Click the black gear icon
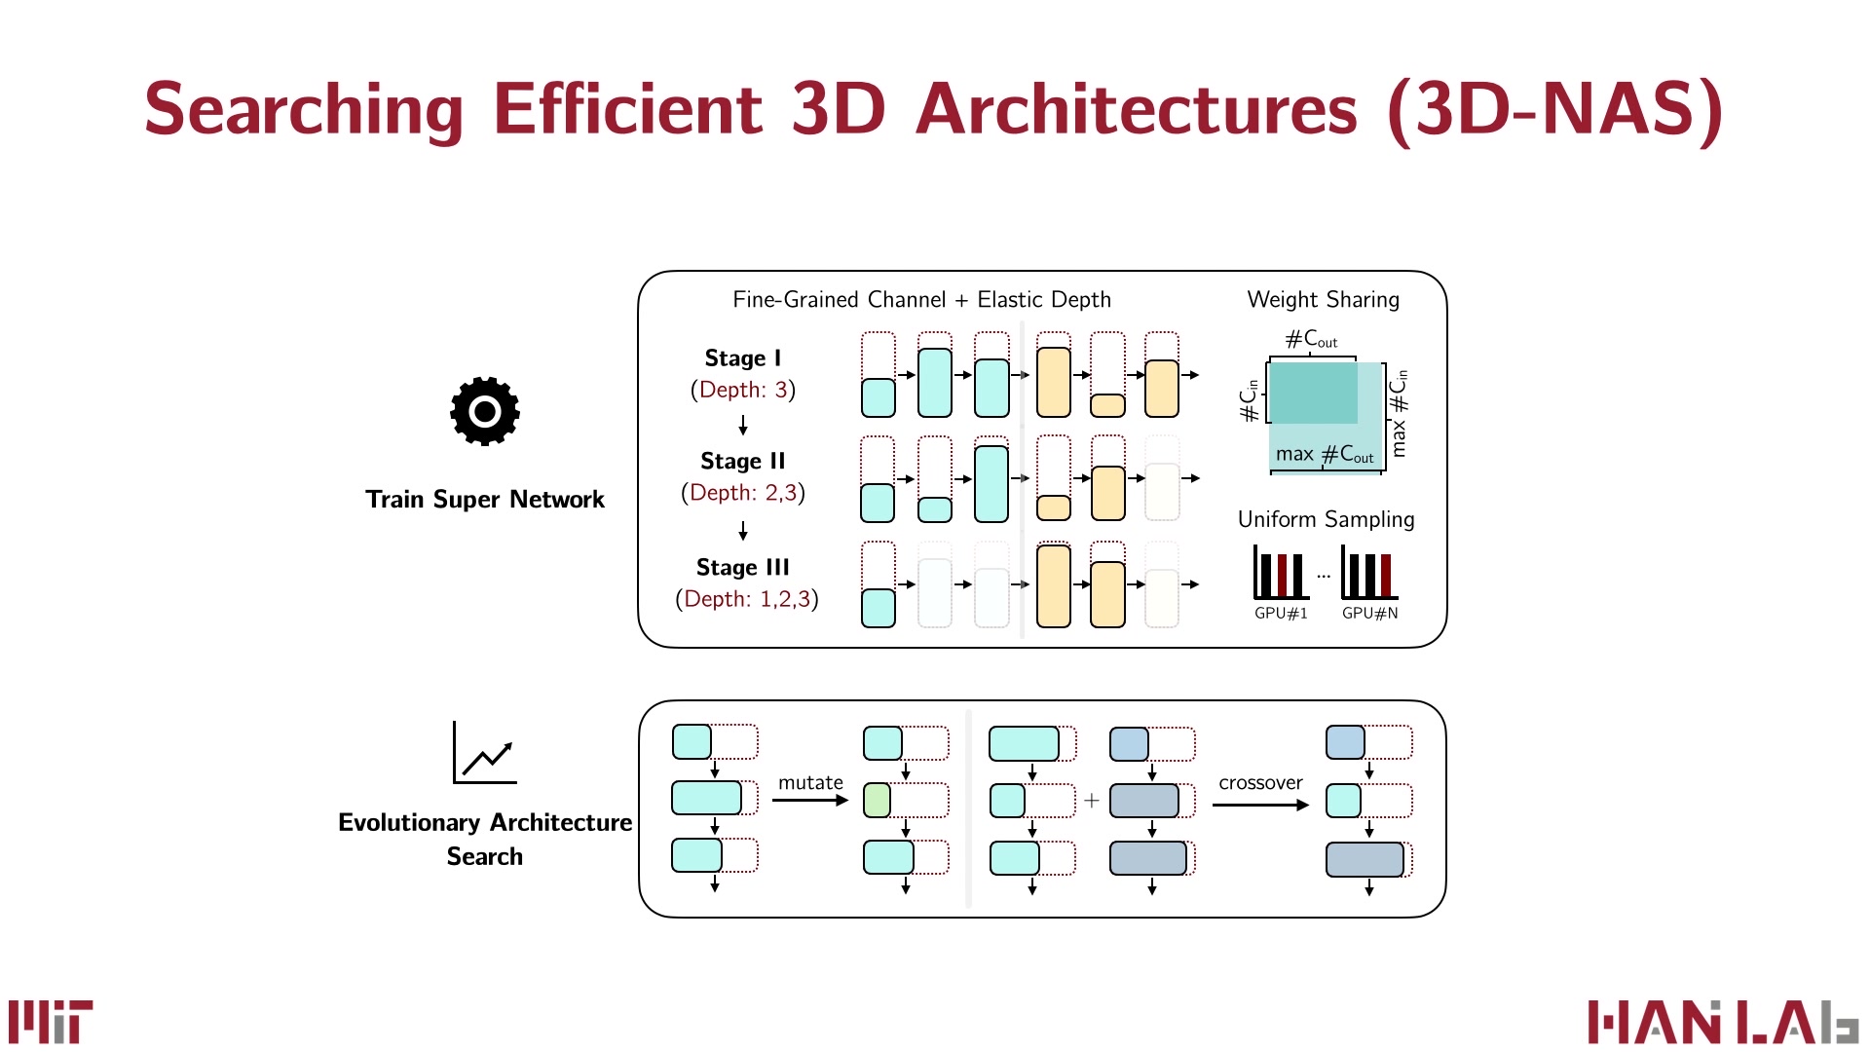click(484, 411)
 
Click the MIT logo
click(51, 1021)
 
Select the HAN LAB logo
click(1722, 1023)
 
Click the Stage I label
click(742, 358)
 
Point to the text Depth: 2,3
click(742, 493)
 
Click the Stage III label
click(742, 567)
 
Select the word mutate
click(810, 782)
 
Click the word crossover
click(1260, 782)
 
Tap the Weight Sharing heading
click(1323, 300)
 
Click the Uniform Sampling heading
click(1326, 519)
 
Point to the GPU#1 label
click(1281, 613)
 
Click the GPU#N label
click(1369, 613)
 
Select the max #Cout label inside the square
click(1325, 454)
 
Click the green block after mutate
click(877, 801)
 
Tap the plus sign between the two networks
click(1091, 801)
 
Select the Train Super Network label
click(484, 500)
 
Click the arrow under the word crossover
click(1260, 805)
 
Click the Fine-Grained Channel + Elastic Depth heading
click(921, 300)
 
